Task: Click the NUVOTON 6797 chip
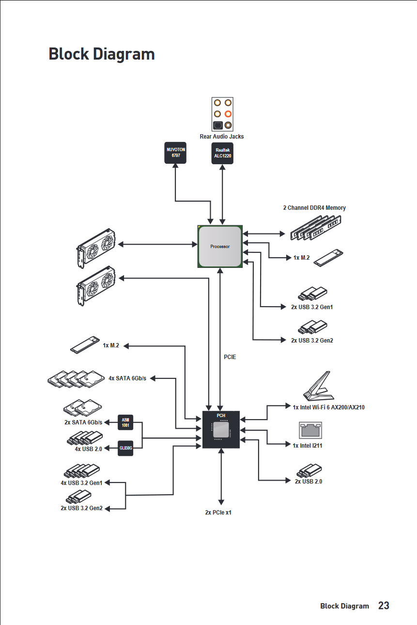point(175,153)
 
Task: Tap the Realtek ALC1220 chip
point(222,153)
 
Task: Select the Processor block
point(220,246)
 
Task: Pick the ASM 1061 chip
point(125,422)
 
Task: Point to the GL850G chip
point(125,448)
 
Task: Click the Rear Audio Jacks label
point(222,137)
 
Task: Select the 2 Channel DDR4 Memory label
point(314,208)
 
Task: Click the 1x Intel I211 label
point(307,446)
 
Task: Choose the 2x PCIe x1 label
point(218,512)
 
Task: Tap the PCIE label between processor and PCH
point(230,357)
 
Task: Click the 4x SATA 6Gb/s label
point(127,378)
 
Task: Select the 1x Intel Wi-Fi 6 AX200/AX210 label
point(328,407)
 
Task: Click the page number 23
point(384,606)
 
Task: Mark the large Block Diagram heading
point(102,54)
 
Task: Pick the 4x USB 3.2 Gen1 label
point(81,483)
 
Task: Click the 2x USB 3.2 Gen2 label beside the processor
point(312,341)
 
